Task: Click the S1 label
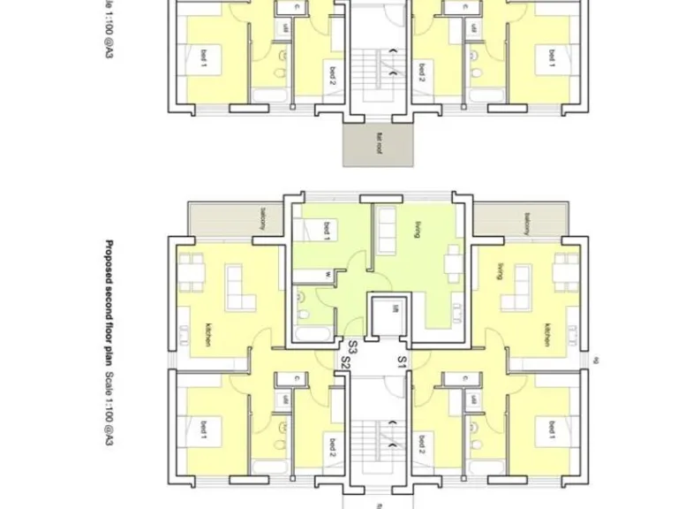click(x=402, y=361)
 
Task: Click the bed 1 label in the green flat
click(x=327, y=227)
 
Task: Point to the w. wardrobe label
click(x=327, y=274)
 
